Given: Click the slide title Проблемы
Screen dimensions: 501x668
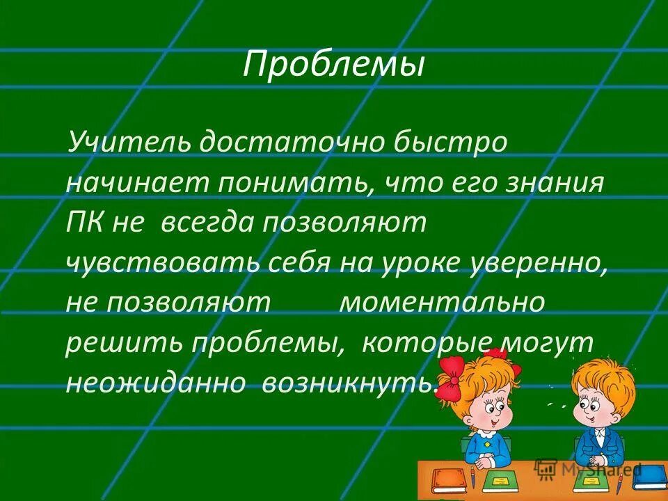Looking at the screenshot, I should coord(333,66).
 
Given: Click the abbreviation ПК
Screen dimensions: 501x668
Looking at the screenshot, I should coord(85,223).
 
